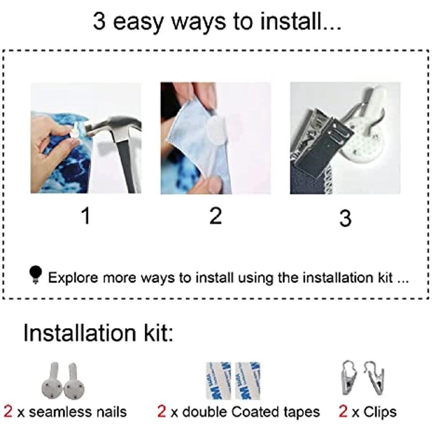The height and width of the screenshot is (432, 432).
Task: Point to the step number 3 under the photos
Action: pyautogui.click(x=346, y=218)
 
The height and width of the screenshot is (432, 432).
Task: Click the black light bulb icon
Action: pyautogui.click(x=35, y=275)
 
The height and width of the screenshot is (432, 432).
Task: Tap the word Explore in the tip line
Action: pyautogui.click(x=73, y=278)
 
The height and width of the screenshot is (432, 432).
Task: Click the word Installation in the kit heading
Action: pyautogui.click(x=79, y=333)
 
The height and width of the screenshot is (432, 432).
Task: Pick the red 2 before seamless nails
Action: pyautogui.click(x=8, y=412)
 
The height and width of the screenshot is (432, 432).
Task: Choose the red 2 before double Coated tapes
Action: pyautogui.click(x=162, y=412)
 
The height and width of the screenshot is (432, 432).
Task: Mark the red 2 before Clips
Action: pyautogui.click(x=343, y=412)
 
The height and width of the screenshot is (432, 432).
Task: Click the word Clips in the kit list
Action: pyautogui.click(x=380, y=412)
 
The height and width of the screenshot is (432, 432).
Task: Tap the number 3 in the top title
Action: pyautogui.click(x=99, y=21)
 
